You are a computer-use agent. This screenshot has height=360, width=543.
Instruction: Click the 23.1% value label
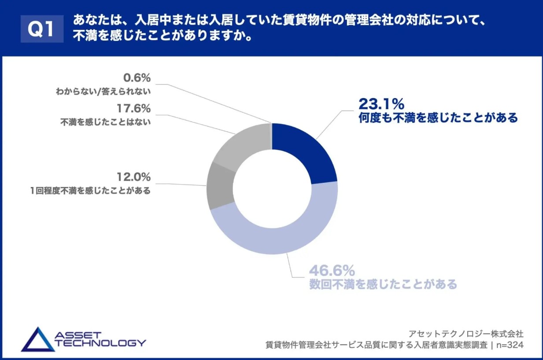tap(381, 104)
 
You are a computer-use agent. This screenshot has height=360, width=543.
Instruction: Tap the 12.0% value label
tap(133, 177)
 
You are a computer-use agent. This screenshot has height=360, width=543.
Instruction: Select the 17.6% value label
tap(133, 108)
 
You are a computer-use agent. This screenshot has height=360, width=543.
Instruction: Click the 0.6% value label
tap(137, 78)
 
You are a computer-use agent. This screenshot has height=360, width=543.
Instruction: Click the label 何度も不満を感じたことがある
tap(438, 118)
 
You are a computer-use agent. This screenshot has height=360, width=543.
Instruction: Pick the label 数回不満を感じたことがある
tap(383, 284)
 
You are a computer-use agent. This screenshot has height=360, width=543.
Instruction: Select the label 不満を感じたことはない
tap(105, 123)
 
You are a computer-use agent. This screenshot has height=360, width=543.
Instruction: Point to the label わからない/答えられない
tap(103, 92)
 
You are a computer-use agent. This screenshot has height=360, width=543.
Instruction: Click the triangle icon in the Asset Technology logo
tap(37, 340)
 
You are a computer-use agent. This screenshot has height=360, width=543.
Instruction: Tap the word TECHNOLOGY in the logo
tap(101, 343)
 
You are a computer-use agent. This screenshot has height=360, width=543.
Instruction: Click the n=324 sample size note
tap(510, 345)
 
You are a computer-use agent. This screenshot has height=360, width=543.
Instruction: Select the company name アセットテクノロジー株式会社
tap(466, 333)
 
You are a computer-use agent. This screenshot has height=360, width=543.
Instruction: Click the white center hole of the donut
tap(272, 189)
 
